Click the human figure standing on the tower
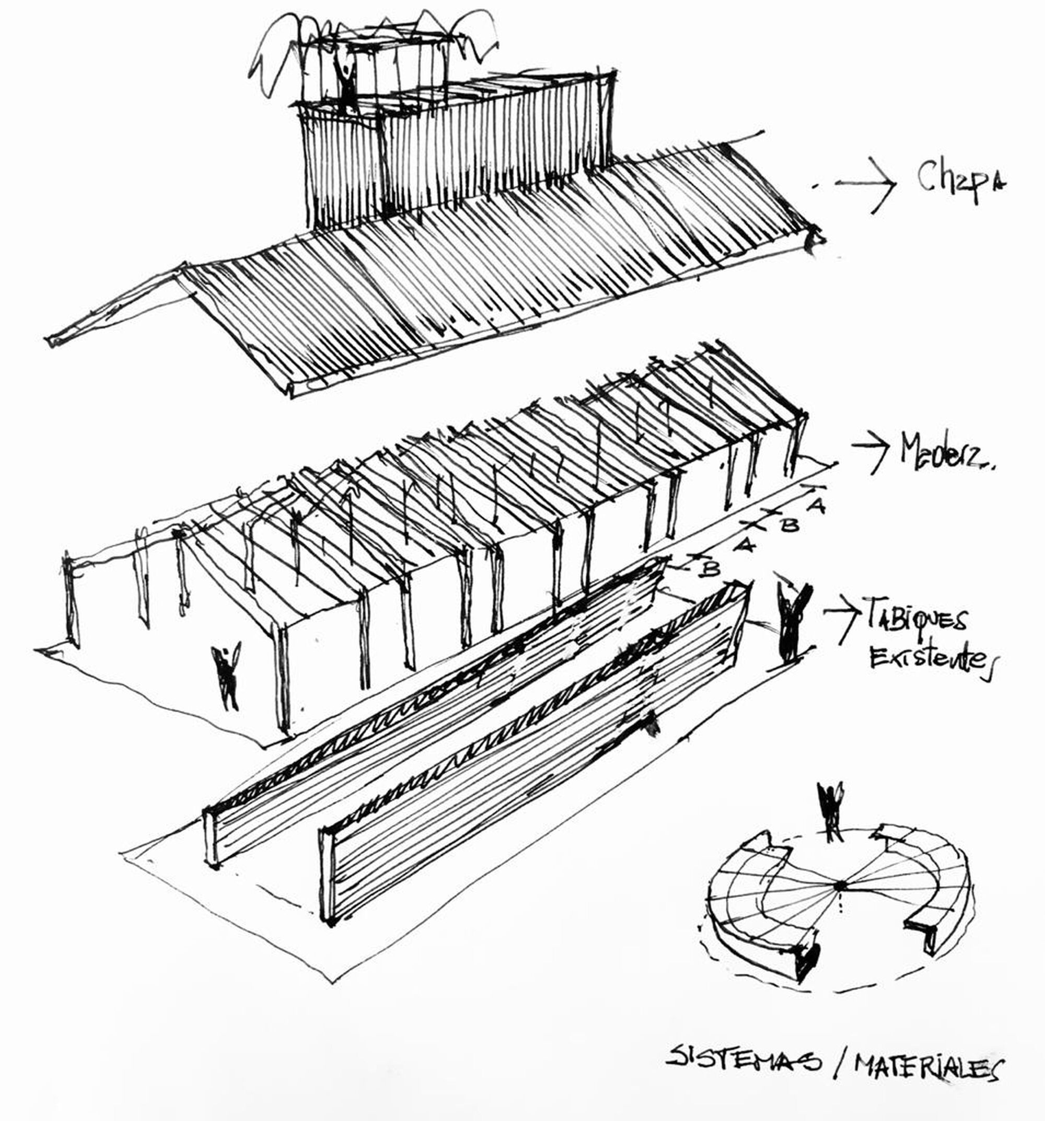point(345,85)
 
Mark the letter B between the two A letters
point(789,525)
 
